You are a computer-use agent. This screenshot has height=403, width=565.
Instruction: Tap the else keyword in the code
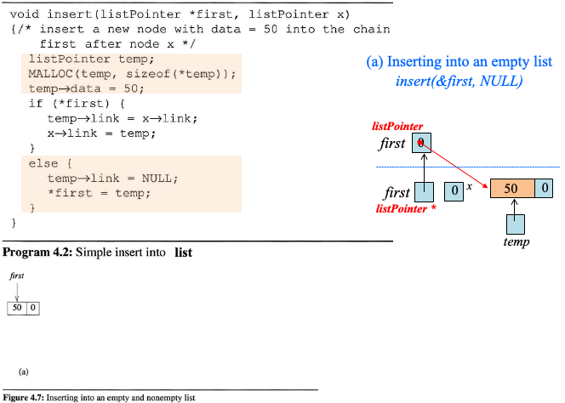pos(42,163)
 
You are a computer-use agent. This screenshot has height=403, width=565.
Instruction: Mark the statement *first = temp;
pos(99,193)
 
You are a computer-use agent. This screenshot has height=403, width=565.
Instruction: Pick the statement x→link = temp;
pos(101,133)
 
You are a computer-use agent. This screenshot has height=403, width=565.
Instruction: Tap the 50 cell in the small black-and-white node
pos(16,308)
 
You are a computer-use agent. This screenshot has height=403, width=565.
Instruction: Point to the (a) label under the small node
pos(24,372)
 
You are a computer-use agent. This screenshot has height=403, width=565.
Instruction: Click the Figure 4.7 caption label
pos(23,397)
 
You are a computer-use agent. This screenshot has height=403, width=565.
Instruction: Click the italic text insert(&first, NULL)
pos(459,81)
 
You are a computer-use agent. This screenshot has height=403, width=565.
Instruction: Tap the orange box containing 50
pos(511,189)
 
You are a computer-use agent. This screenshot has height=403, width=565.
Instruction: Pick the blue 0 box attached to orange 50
pos(544,189)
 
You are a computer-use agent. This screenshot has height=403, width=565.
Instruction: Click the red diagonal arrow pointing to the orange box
pos(455,165)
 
